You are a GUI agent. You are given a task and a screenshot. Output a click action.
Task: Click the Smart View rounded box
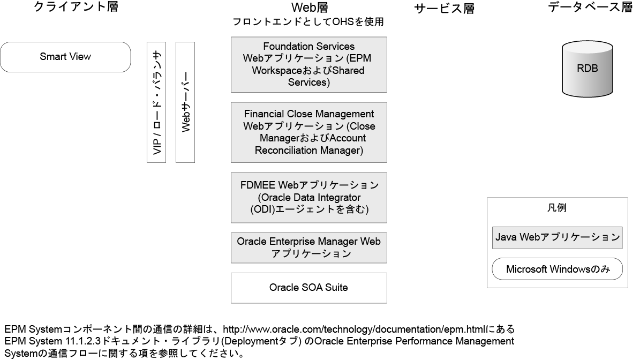click(65, 57)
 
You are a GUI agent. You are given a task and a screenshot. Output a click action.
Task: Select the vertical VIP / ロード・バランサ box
click(156, 102)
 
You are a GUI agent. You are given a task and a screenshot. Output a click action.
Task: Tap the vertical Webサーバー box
click(185, 102)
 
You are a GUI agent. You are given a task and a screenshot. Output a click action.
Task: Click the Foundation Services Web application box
click(308, 64)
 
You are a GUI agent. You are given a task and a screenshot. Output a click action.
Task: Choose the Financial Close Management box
click(308, 132)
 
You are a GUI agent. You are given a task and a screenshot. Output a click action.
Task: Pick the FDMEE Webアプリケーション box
click(308, 197)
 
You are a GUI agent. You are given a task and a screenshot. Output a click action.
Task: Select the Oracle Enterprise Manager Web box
click(308, 247)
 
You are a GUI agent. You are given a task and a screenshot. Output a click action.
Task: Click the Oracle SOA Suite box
click(308, 288)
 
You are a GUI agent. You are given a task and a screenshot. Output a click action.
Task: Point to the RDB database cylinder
click(587, 69)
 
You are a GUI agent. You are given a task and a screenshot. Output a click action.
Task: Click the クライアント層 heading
click(76, 7)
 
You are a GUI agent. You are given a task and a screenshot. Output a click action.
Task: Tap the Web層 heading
click(309, 7)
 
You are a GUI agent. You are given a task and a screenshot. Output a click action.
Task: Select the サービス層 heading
click(444, 9)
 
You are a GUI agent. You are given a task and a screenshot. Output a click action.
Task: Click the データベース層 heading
click(590, 7)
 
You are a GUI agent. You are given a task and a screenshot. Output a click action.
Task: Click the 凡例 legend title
click(557, 208)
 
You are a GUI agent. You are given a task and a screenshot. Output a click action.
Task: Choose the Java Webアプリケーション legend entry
click(557, 237)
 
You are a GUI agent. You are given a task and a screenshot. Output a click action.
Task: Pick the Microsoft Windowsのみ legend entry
click(557, 269)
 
